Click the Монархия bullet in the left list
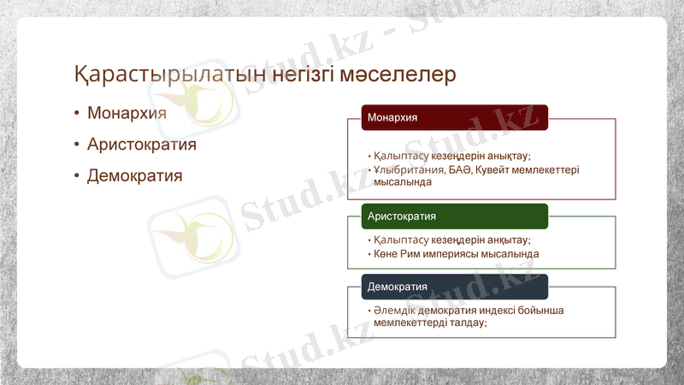[127, 113]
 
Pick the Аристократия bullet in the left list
[141, 145]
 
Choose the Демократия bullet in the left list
[134, 176]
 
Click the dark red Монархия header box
[454, 117]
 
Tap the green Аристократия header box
[454, 216]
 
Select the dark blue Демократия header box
[454, 287]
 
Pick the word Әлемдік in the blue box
[393, 311]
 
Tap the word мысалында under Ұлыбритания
[402, 182]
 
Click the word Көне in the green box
[385, 254]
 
